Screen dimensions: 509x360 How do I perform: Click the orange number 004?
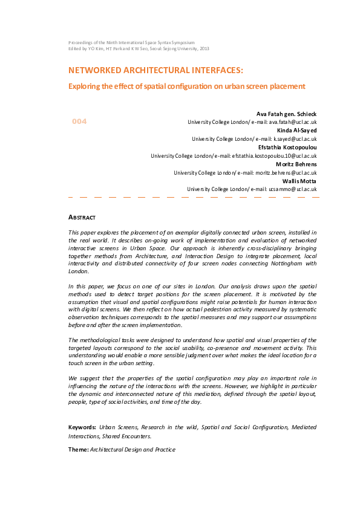[x=79, y=122]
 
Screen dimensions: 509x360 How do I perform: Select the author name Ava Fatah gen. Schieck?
[x=287, y=114]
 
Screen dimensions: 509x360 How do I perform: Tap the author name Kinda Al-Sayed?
[x=297, y=131]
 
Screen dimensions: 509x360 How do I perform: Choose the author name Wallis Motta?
[x=299, y=181]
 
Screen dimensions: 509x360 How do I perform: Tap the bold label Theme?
[x=78, y=450]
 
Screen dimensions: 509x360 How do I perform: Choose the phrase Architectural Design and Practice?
[x=133, y=450]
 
